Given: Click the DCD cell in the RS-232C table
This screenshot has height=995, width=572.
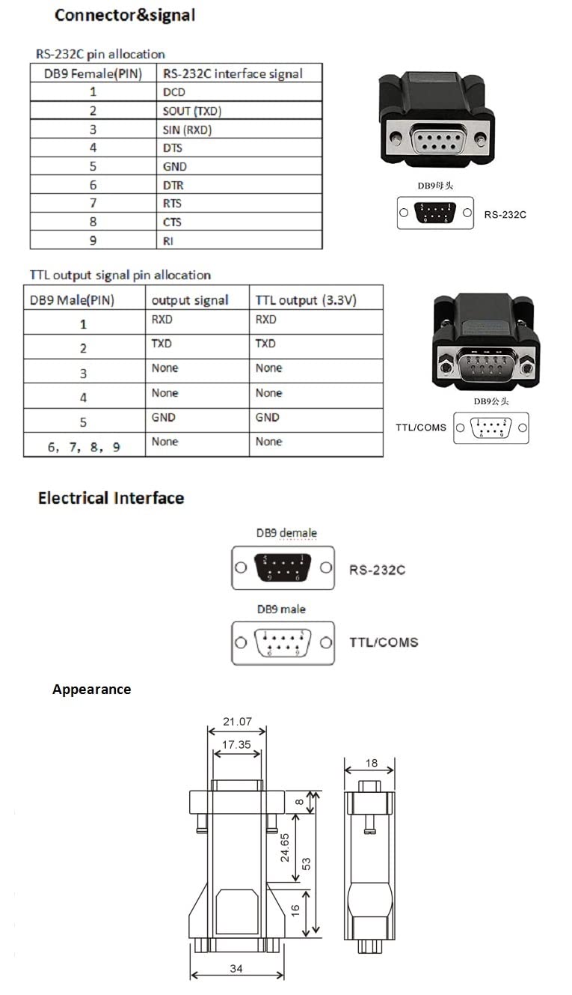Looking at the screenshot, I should pos(174,92).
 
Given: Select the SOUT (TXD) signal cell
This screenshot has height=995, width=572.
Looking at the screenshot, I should pos(192,111).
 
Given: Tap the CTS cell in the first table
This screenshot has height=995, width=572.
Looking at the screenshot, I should pos(173,222).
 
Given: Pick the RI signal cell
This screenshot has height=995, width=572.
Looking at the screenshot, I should pos(168,240).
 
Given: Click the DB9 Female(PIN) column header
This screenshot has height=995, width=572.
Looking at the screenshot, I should pos(86,73).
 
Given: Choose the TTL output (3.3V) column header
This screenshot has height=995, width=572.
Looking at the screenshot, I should pos(306,300).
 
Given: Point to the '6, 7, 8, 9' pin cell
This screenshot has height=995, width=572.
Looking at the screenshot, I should pos(84,447).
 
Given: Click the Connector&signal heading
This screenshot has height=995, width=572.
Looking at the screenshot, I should pos(125,15).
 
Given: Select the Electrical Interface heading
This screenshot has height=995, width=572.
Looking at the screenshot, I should pos(111,498).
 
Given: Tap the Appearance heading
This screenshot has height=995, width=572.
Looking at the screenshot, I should pos(91,690).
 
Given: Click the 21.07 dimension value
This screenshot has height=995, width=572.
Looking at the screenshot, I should pos(237,722).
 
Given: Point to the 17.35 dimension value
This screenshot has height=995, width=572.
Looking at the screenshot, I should pos(236,745).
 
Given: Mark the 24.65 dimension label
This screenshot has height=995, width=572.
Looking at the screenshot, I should pos(285,846).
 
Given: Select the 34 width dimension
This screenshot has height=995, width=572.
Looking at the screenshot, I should pos(236,968).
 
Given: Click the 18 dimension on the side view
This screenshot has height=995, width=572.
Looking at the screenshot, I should pos(371,764).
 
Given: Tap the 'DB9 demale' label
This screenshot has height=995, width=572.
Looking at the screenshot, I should pos(286,533).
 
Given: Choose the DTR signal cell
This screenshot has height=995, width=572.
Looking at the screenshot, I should pos(173,185).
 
